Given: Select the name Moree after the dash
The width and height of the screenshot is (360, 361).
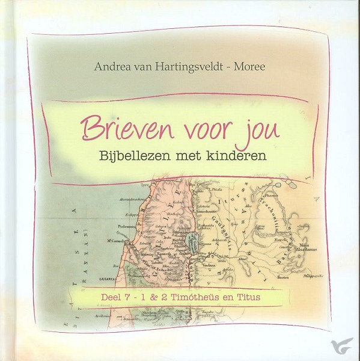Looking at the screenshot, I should [x=248, y=66].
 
